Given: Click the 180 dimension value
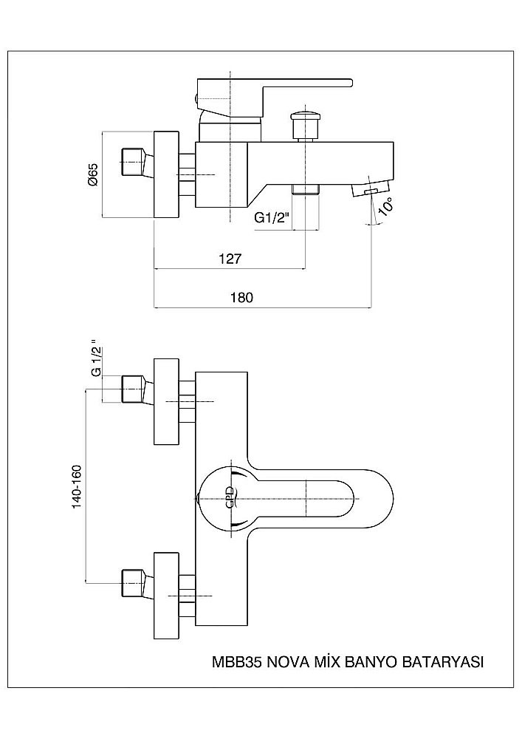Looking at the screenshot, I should click(242, 298).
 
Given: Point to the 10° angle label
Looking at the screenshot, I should click(385, 206).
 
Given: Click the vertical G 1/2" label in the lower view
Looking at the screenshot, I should click(95, 361).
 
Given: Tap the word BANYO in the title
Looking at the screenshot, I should click(371, 662).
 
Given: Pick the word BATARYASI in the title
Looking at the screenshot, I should click(442, 662).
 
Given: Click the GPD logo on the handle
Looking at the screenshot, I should click(230, 496).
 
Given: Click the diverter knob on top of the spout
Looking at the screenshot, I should click(304, 118).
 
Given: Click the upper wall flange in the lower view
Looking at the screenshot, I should click(166, 402).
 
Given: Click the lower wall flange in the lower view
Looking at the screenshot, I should click(166, 593).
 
